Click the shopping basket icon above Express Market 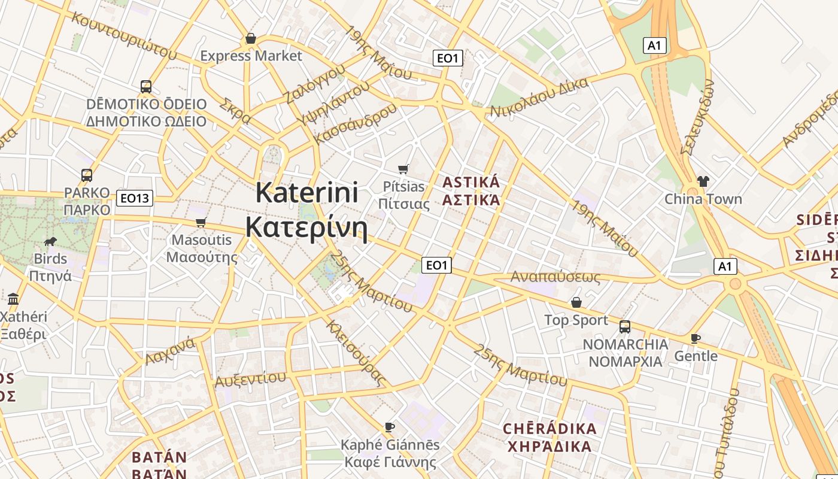coord(251,39)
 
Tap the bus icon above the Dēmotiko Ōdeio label coord(146,87)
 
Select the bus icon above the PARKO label coord(87,175)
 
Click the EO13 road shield coord(135,198)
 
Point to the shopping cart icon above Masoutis coord(201,223)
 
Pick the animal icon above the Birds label coord(50,241)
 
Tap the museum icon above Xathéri coord(13,299)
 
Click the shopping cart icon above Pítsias coord(403,169)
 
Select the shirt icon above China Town coord(703,181)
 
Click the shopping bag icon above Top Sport coord(576,302)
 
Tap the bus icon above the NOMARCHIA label coord(625,327)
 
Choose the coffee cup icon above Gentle coord(695,338)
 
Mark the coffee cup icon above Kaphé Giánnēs coord(390,427)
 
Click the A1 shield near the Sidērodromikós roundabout coord(725,266)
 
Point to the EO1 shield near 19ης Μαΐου coord(448,58)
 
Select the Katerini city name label coord(306,210)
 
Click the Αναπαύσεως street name coord(555,277)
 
